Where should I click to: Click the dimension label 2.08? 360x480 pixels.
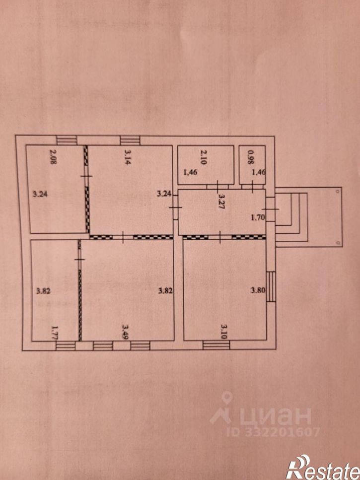tap(53, 157)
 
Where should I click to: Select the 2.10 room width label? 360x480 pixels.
tap(203, 157)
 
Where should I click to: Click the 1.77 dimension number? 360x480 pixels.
tap(55, 333)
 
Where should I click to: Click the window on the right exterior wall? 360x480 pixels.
tap(271, 287)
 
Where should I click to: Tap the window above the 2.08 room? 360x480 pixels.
tap(67, 140)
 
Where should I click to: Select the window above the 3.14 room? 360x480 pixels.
tap(130, 140)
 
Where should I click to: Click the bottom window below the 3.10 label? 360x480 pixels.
tap(216, 345)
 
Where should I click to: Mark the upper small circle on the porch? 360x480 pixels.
tap(337, 191)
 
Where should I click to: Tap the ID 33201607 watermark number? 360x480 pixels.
tap(274, 432)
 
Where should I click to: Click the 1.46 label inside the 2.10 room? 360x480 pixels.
tap(190, 172)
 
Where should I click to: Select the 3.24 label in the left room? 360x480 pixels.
tap(40, 194)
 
